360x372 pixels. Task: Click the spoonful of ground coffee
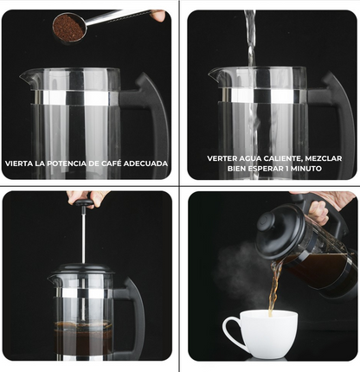[x=68, y=28]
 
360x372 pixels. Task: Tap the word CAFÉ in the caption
[x=111, y=164]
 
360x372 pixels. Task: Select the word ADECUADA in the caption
[x=145, y=164]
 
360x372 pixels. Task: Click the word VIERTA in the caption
[x=19, y=164]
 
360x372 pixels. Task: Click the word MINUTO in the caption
[x=306, y=168]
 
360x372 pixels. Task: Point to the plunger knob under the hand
[x=83, y=203]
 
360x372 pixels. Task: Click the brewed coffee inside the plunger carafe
[x=83, y=337]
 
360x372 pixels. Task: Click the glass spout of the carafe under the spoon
[x=27, y=77]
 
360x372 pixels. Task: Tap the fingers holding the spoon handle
[x=158, y=16]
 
